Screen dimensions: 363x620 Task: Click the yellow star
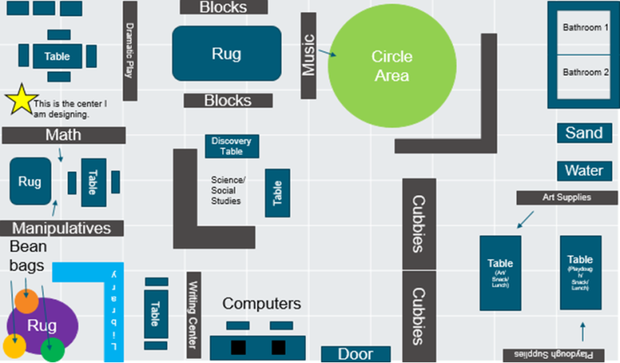point(20,101)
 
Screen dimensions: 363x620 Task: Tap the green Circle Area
point(390,66)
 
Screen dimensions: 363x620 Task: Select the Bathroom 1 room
point(585,28)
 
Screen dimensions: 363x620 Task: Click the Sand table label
point(583,133)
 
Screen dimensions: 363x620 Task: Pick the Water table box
point(583,171)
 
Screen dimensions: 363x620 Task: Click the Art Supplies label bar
point(567,197)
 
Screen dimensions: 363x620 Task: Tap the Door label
point(356,354)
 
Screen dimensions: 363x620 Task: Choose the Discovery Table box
point(232,146)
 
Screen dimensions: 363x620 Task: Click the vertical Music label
point(308,56)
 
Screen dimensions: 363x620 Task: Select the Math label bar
point(63,135)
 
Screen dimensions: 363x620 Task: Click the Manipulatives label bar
point(61,228)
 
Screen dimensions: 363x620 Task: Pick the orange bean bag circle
point(26,301)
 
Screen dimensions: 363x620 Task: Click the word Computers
point(261,303)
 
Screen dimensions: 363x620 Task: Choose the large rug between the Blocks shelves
point(227,54)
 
